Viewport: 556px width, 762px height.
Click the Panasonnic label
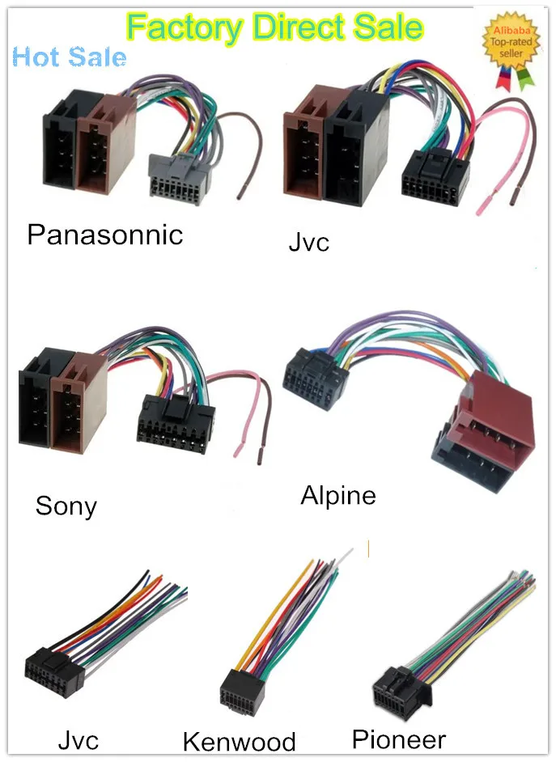(x=105, y=235)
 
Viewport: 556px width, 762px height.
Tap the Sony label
(x=66, y=506)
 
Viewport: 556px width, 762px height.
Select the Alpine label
(x=338, y=494)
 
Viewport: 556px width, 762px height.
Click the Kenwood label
(x=239, y=741)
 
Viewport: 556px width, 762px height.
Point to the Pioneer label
(x=399, y=739)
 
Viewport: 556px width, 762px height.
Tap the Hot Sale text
(x=70, y=57)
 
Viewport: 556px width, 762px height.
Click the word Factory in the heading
(x=185, y=28)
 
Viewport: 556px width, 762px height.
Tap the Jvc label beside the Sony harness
(x=309, y=242)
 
